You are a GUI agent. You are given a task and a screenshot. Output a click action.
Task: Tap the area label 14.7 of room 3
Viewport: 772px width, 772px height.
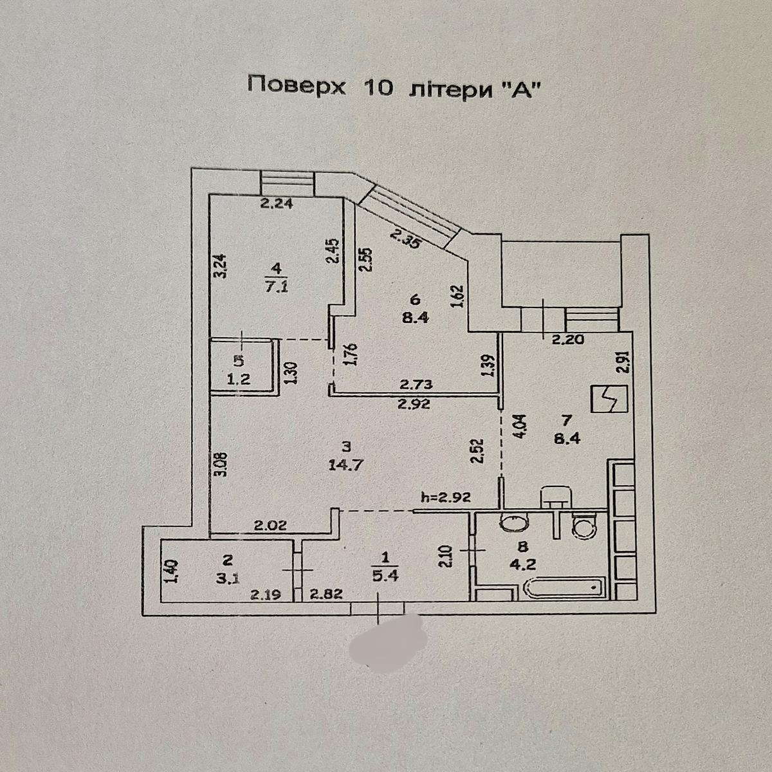(x=347, y=465)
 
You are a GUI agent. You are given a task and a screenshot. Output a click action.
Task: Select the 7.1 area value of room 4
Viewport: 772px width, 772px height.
(x=277, y=287)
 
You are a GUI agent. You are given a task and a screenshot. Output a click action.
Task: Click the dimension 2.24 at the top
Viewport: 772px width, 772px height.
(x=277, y=204)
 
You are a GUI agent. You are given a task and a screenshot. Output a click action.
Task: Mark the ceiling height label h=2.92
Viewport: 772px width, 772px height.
(x=445, y=497)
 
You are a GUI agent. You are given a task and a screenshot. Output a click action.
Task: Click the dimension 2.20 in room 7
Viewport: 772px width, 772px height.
(x=569, y=340)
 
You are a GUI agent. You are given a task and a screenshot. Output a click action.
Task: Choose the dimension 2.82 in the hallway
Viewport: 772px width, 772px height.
(x=327, y=595)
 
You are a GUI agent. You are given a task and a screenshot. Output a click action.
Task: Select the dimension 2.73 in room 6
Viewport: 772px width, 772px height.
(x=417, y=385)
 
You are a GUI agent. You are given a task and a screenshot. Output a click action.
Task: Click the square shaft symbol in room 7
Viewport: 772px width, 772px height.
(x=609, y=399)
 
